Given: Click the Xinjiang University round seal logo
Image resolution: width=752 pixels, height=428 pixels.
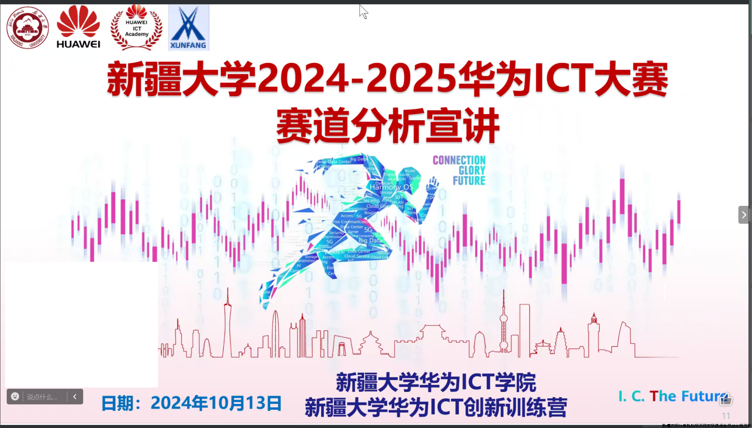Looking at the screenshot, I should [x=27, y=28].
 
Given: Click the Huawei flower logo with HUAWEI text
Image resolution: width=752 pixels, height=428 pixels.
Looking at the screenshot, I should [x=78, y=27].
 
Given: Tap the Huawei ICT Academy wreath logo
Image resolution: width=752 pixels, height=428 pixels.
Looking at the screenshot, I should [x=136, y=28].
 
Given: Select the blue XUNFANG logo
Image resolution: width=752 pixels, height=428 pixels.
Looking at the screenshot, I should [x=189, y=28].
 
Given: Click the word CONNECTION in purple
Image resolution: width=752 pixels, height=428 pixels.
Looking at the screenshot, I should [x=459, y=160].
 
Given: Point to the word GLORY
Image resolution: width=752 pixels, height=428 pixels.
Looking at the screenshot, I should [x=472, y=171].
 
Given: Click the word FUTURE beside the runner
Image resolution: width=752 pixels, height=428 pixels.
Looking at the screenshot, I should [x=469, y=181].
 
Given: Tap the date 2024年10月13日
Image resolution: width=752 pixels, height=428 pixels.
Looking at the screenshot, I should [x=216, y=403].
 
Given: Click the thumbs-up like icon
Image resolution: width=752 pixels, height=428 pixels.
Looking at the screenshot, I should [x=726, y=399].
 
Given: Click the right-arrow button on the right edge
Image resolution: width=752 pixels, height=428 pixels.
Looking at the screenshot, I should [x=744, y=215].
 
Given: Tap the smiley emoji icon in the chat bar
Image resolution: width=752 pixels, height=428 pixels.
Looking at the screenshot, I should [x=15, y=397].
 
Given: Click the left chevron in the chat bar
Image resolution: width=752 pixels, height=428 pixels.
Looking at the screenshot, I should [x=75, y=397].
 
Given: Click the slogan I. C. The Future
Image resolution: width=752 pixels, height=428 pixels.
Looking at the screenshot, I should [x=673, y=396].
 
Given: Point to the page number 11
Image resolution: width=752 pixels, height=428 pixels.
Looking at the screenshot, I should [x=726, y=416].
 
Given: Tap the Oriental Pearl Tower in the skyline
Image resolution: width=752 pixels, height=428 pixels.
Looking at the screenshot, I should [x=503, y=325].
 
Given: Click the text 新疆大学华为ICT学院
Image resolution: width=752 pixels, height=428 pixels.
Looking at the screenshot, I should [x=436, y=382].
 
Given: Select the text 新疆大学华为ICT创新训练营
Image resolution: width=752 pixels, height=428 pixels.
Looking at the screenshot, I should [x=436, y=407].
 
